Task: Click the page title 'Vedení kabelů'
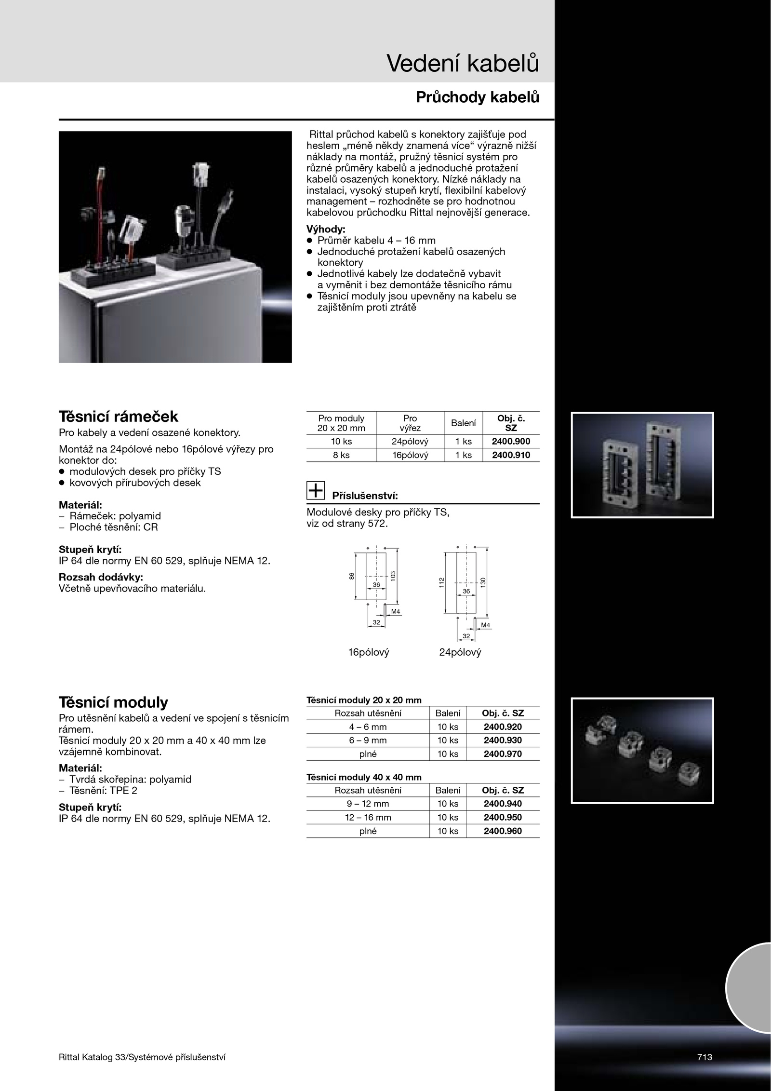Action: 463,64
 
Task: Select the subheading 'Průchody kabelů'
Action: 477,98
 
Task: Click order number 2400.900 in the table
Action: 511,441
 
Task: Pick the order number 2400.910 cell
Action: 511,455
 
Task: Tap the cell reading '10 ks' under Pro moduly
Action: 341,441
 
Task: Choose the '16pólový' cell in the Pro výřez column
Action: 410,455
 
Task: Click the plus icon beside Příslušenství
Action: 316,490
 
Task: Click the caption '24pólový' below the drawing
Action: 460,652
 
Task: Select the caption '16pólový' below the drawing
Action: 369,652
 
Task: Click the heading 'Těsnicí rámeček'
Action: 118,416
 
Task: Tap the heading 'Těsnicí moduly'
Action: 113,702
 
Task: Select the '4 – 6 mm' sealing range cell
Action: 368,727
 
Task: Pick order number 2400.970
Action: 503,754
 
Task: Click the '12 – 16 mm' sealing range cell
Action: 368,817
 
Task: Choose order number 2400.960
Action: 503,831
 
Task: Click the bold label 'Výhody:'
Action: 326,229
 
